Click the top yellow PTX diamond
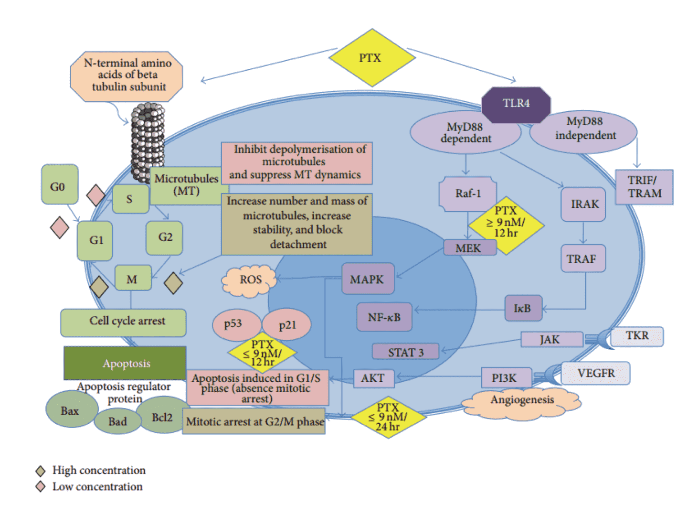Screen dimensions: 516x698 tap(371, 58)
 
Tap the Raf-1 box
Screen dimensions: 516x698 tap(467, 193)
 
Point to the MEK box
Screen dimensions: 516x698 tap(469, 248)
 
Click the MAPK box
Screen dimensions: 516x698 tap(368, 279)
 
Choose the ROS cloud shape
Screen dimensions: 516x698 tap(250, 280)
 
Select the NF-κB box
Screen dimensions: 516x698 tap(384, 317)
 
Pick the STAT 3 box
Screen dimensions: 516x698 tap(405, 352)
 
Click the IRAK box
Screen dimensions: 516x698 tap(583, 204)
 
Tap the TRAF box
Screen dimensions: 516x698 tap(582, 258)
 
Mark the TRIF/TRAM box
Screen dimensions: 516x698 tap(644, 187)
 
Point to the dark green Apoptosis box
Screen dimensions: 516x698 tap(125, 364)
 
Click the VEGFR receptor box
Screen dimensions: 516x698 tap(595, 373)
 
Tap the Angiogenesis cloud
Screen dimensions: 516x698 tap(522, 401)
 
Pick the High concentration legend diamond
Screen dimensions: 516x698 tap(41, 471)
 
